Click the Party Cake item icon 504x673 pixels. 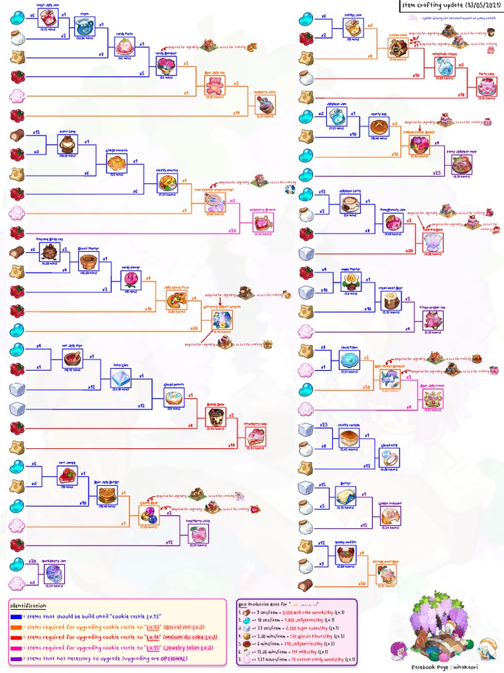486,87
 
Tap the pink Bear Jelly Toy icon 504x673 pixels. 214,85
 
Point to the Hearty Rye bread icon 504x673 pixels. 377,126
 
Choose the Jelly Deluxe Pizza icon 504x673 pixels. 176,300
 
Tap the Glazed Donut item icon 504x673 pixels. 173,398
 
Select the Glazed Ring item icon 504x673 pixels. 388,457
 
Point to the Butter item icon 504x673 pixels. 345,496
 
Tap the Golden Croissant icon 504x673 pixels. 390,515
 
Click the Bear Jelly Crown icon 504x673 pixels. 432,398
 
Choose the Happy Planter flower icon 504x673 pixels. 350,282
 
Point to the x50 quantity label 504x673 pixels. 362,584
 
